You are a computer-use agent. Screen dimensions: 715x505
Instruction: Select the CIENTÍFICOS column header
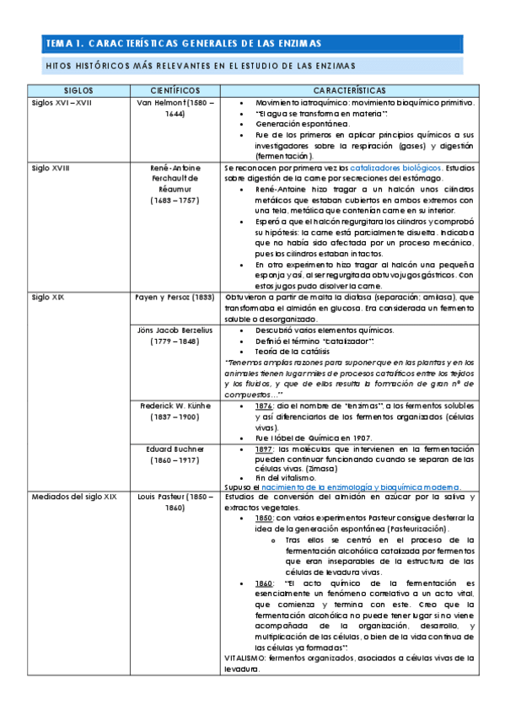click(175, 89)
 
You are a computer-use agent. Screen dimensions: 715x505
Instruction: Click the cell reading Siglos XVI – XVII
click(61, 102)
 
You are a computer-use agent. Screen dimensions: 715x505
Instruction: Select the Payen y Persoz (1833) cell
click(174, 298)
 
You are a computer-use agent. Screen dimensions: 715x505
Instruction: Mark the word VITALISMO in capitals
click(246, 658)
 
